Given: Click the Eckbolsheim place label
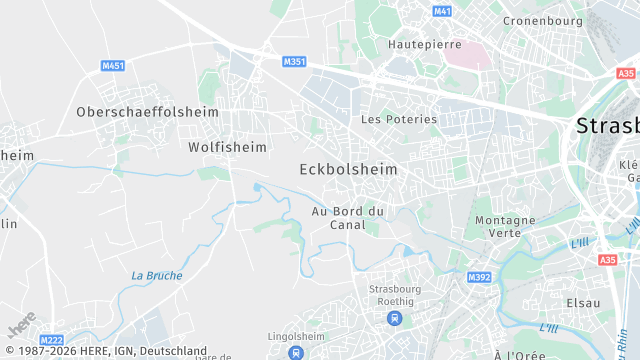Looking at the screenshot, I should tap(348, 170).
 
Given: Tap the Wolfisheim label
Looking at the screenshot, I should tap(228, 147).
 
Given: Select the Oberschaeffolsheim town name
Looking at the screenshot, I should tap(147, 112).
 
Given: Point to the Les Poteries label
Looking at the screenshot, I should tap(399, 119).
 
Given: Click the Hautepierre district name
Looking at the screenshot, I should tap(425, 45).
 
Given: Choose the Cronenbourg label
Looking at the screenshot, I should tap(543, 20).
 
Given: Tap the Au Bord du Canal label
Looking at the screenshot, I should tap(348, 217).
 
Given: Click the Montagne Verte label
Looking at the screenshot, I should tap(505, 226).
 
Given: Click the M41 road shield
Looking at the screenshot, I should tap(442, 11).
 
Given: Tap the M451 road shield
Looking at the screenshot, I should tap(113, 66).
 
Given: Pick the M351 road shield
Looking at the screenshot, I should tap(294, 62).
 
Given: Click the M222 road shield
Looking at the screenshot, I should tap(52, 339).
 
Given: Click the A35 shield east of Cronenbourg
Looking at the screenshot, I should tap(626, 74).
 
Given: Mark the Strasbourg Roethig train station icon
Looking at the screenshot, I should tap(394, 319).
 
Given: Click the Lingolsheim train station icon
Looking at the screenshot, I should tap(296, 352).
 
